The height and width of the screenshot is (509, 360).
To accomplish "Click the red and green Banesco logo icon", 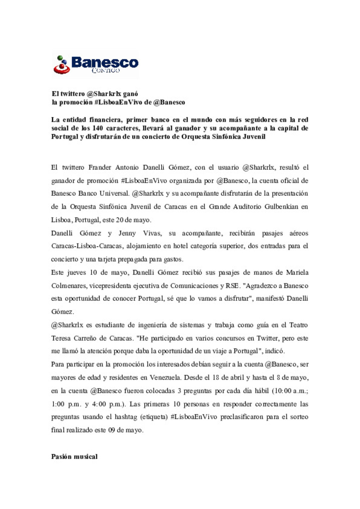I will pyautogui.click(x=61, y=65).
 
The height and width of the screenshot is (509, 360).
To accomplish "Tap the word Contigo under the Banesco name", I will pyautogui.click(x=106, y=70).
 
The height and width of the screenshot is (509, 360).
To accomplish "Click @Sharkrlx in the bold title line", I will pyautogui.click(x=104, y=94).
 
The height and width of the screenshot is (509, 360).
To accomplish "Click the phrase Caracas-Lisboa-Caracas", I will pyautogui.click(x=87, y=246).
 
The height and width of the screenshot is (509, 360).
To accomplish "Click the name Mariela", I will pyautogui.click(x=297, y=272).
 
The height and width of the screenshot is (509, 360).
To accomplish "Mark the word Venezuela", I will pyautogui.click(x=165, y=377).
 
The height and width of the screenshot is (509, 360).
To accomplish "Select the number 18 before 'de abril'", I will pyautogui.click(x=215, y=377).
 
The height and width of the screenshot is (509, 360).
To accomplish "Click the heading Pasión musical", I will pyautogui.click(x=74, y=456).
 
